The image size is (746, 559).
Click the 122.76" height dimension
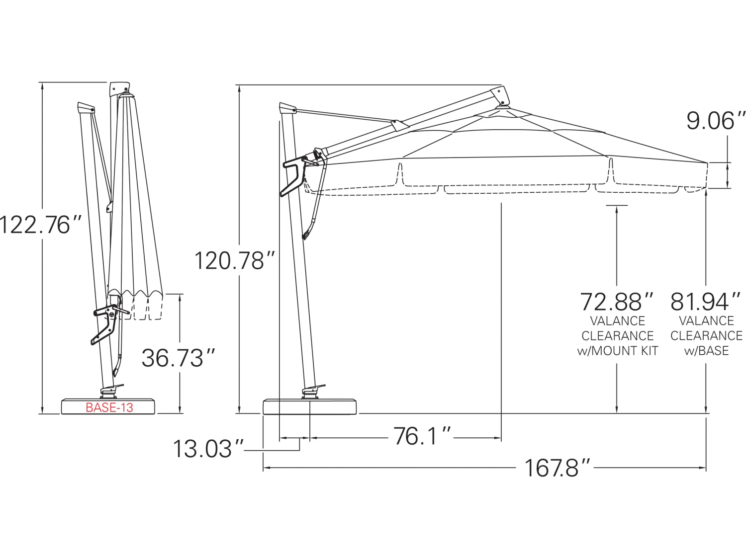(40, 225)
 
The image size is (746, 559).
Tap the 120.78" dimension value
(234, 261)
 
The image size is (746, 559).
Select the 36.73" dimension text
(178, 358)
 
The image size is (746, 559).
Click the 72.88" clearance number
(617, 302)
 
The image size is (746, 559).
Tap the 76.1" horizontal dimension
(421, 436)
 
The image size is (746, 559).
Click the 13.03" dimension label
(208, 449)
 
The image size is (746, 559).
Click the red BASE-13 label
(109, 407)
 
